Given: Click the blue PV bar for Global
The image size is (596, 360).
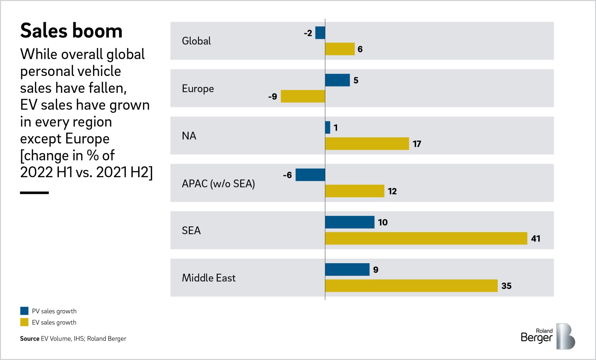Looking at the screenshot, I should coord(320,33).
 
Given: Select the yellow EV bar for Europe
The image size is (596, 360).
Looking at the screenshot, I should coord(302,96).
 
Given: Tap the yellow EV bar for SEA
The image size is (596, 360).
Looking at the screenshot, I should coord(426,238).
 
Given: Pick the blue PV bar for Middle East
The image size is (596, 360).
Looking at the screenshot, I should coord(347,270).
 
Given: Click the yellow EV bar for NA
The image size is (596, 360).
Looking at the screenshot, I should coord(367,144).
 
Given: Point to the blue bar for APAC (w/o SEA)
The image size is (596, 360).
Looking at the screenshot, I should coord(310,175).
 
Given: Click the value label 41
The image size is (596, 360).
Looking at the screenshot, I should coord(536,239).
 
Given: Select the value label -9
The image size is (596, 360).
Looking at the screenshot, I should coord(273,96).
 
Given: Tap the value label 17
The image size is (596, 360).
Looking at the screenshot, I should coord(417,144).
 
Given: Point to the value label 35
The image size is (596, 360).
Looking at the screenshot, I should coord(506,286).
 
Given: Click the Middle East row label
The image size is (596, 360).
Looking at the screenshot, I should coord(209,278).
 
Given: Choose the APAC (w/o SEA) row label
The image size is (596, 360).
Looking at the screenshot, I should coord(218,184).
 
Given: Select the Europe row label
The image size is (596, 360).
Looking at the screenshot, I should coord(198,89).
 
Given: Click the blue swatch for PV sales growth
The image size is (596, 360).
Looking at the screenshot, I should coord(24,311).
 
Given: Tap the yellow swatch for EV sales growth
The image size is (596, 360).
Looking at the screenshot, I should coord(24,322).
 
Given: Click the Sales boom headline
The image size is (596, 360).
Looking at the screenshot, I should coord(71,31).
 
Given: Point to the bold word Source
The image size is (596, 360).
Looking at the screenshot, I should coord(29,338).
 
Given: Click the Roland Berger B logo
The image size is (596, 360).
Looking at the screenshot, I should coord(565,337).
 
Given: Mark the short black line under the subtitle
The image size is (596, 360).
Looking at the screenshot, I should coord(34,192).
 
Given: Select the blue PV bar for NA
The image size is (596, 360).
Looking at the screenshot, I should coord(327,127).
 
